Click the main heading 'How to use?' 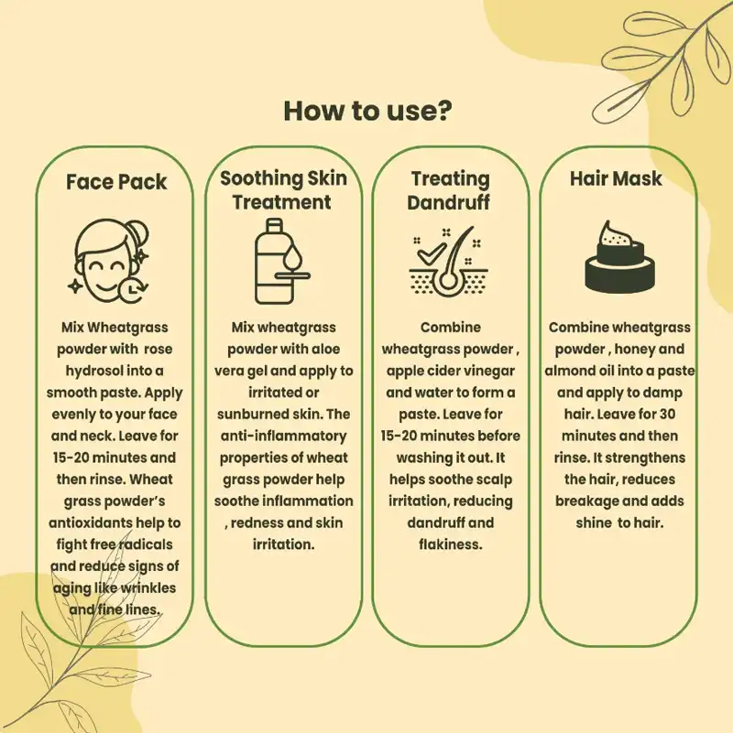click(366, 110)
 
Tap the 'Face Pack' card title click(116, 181)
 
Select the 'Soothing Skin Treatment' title click(283, 189)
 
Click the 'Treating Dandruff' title click(450, 189)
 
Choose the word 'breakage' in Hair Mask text click(592, 501)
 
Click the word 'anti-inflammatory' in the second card click(282, 437)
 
